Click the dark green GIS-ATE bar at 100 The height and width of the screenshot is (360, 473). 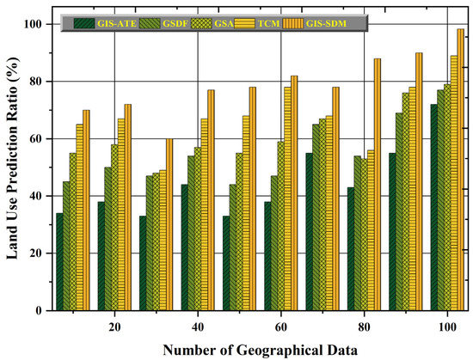coord(433,207)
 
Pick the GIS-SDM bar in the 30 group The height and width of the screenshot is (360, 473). coord(169,224)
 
